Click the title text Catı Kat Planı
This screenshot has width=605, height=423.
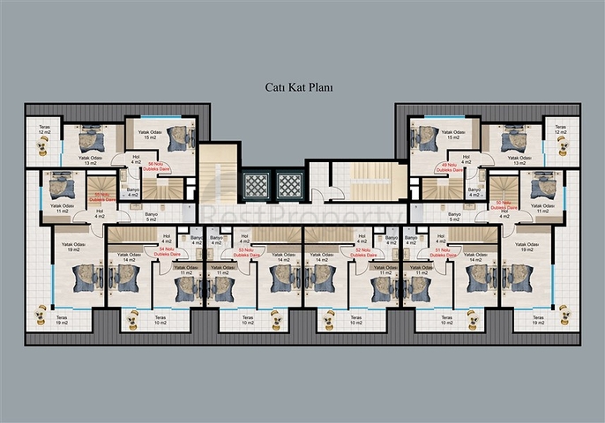(x=299, y=87)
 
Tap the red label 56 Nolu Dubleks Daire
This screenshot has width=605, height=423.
(x=158, y=166)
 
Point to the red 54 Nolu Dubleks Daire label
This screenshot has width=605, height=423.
(x=165, y=251)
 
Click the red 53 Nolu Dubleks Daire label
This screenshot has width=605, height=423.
(x=251, y=251)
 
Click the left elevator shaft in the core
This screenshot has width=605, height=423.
(x=255, y=186)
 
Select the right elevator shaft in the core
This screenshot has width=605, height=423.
(x=289, y=186)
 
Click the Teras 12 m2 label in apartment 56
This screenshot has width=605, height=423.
(x=44, y=130)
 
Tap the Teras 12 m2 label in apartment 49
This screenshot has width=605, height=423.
(x=560, y=130)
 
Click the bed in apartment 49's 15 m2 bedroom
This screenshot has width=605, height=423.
(x=428, y=137)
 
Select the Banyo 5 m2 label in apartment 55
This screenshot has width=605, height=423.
(x=151, y=217)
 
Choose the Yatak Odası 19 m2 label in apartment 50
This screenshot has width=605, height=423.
(x=527, y=248)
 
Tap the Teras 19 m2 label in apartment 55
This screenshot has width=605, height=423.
(x=61, y=320)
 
